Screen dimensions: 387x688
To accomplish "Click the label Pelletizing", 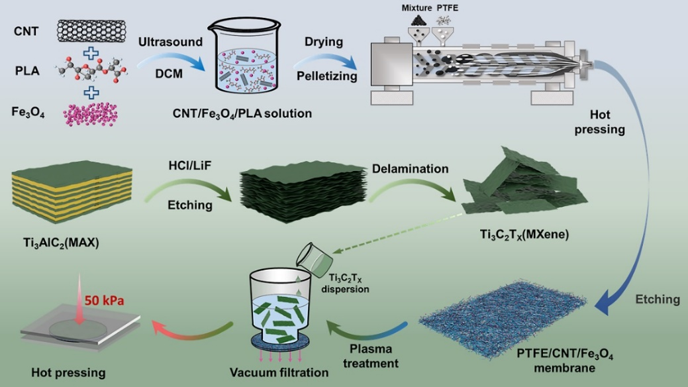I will [326, 76].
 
